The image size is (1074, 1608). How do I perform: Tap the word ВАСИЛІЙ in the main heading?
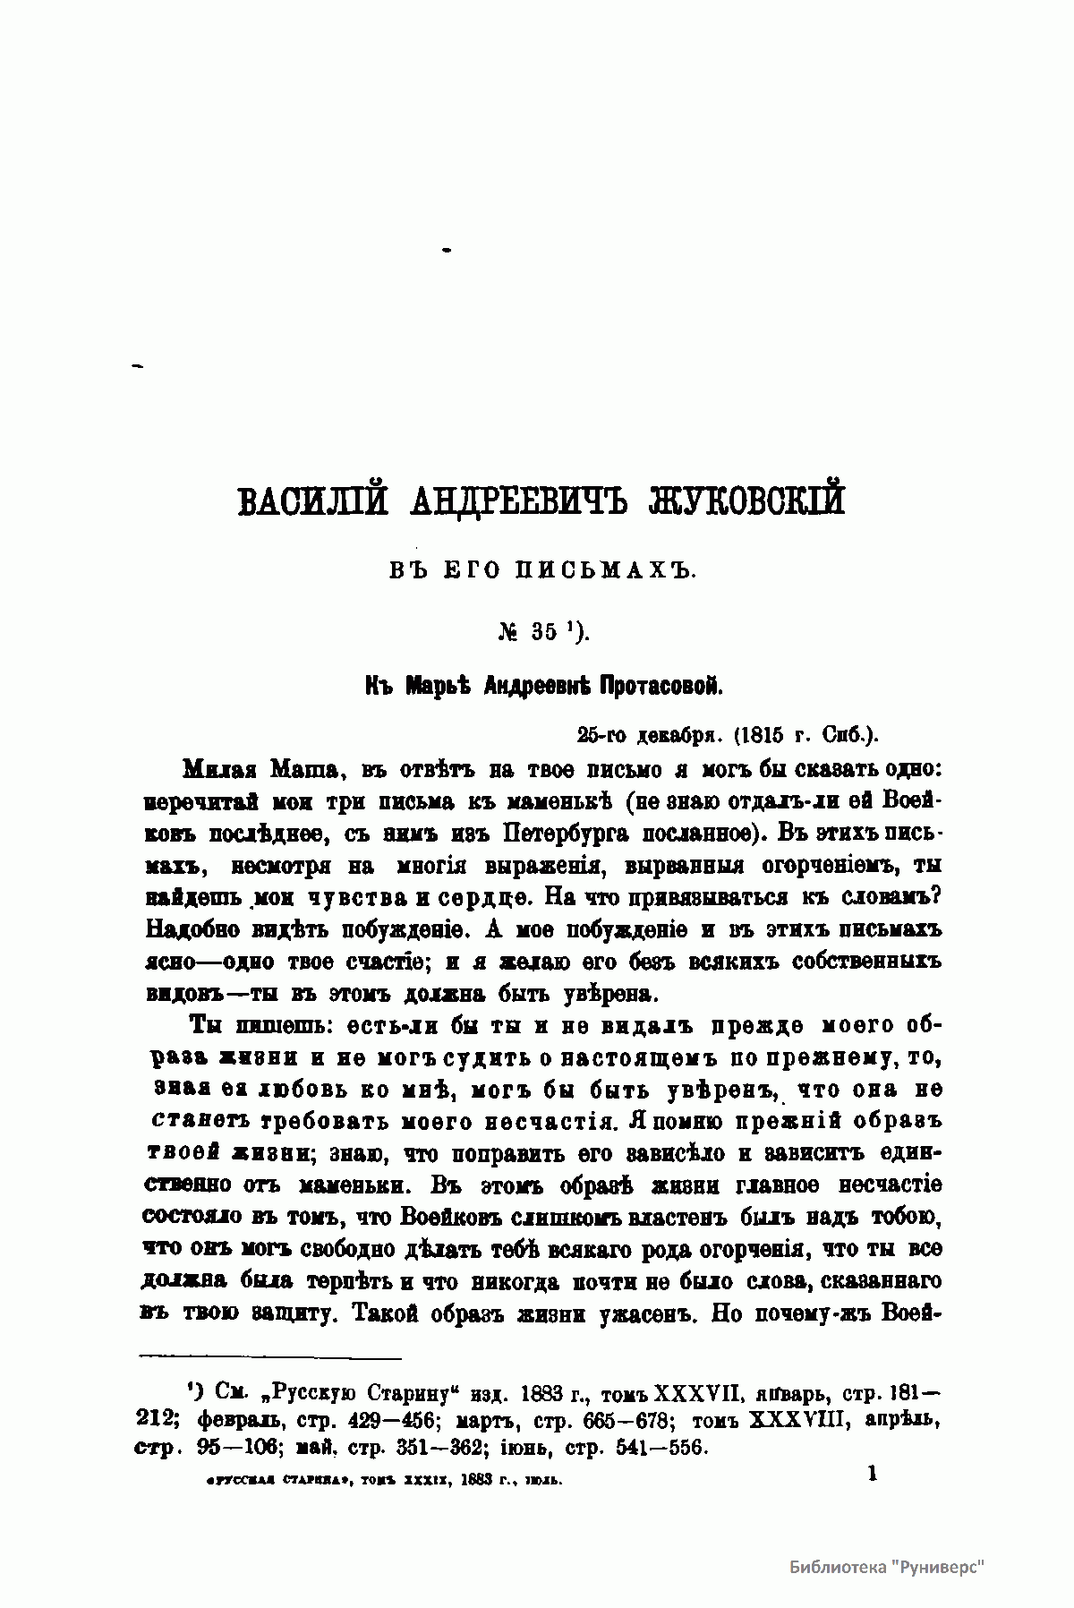pos(312,500)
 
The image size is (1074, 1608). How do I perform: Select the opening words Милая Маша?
pos(260,769)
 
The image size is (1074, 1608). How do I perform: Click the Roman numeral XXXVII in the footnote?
pos(696,1394)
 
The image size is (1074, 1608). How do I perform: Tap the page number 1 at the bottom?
pos(872,1474)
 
